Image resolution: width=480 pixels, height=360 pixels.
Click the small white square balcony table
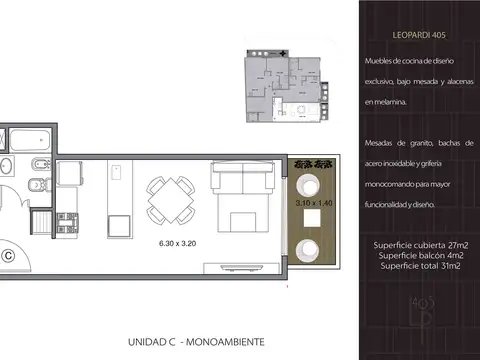pyautogui.click(x=312, y=217)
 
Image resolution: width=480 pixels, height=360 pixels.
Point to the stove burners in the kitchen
pyautogui.click(x=68, y=223)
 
